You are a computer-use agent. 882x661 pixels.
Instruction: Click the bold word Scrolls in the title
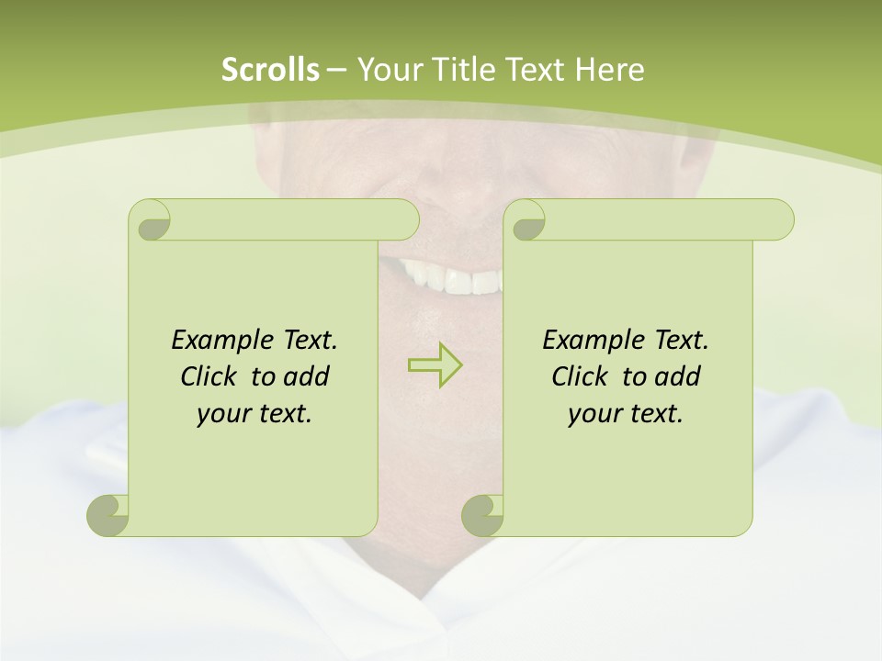[270, 70]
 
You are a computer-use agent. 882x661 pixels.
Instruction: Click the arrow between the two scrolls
[435, 364]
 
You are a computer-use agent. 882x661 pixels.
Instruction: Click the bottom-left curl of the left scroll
[108, 515]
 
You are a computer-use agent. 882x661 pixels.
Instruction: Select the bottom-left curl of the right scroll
[482, 515]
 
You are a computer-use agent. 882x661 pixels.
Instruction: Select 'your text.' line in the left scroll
[254, 414]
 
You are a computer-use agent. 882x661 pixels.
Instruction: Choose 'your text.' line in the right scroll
[626, 414]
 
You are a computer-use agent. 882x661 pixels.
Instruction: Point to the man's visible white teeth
[450, 277]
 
